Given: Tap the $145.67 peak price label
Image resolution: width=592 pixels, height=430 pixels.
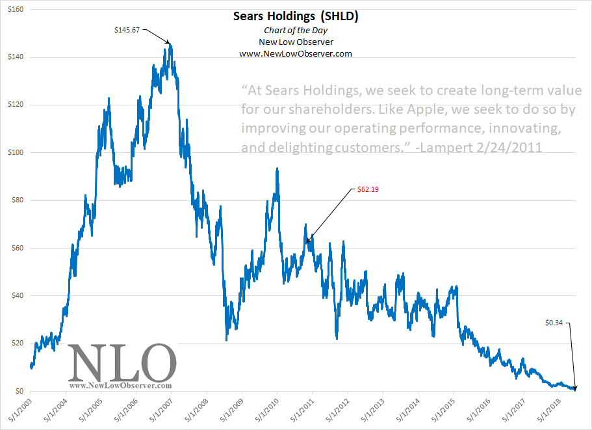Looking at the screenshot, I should (128, 29).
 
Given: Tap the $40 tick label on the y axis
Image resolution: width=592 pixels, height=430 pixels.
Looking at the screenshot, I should (15, 296).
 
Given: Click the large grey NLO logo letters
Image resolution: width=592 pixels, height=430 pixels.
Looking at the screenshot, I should (122, 362).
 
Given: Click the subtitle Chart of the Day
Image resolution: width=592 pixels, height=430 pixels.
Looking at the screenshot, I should (295, 31).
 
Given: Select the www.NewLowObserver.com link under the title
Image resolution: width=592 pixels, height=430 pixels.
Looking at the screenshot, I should (295, 53).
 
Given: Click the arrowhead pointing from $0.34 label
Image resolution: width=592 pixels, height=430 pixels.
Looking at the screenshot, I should (574, 390).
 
